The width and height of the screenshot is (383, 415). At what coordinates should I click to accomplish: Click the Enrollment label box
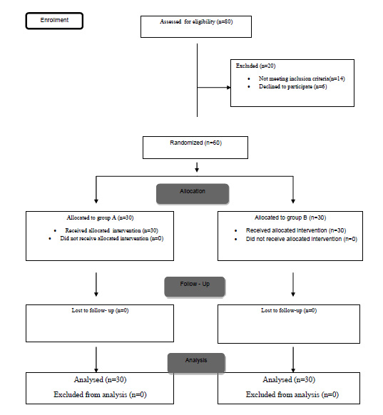tap(54, 21)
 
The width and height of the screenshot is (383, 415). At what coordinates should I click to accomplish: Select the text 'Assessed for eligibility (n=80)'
tap(196, 21)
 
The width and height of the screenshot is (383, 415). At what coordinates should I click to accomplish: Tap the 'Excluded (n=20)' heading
tap(255, 66)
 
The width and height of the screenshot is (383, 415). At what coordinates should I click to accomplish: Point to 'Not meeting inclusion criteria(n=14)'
tap(302, 78)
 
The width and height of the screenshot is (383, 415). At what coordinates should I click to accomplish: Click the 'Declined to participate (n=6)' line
tap(292, 86)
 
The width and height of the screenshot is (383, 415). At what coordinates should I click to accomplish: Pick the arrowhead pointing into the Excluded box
tap(229, 87)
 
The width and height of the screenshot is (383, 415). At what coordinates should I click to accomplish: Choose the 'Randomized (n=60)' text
tap(195, 143)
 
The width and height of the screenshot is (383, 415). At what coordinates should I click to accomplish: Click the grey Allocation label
tap(193, 194)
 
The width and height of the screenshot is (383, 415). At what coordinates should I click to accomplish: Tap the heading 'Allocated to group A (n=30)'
tap(100, 217)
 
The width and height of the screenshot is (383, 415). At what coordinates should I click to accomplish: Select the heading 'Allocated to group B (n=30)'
tap(290, 217)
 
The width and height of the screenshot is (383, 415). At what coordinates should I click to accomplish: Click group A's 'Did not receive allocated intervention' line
tap(112, 238)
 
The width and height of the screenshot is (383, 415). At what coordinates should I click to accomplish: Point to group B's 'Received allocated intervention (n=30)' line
tap(296, 230)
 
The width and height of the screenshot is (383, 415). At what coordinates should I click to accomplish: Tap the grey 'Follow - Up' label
tap(195, 287)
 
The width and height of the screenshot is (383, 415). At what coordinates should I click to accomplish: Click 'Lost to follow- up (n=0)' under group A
tap(100, 310)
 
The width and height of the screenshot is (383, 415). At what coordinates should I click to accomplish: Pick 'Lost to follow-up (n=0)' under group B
tap(289, 310)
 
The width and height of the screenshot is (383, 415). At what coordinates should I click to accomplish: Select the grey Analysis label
tap(196, 363)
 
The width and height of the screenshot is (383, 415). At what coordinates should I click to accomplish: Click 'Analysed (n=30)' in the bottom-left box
tap(100, 380)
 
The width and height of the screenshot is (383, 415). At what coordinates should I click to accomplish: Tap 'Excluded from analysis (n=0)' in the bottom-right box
tap(292, 394)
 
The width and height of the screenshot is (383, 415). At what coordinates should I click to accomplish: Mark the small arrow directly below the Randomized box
tap(197, 168)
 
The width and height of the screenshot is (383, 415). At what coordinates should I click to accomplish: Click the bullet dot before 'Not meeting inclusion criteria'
tap(249, 79)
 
